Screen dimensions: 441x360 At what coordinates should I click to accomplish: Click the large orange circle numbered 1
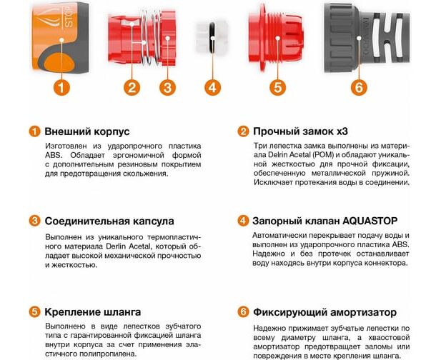[61, 87]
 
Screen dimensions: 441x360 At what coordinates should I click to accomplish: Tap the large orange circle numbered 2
[132, 87]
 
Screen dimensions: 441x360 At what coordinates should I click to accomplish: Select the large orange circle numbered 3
[167, 87]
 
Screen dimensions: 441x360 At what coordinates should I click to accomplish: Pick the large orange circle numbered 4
[212, 87]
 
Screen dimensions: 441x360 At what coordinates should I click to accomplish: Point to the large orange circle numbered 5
[277, 87]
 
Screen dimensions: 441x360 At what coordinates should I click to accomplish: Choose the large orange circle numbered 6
[359, 87]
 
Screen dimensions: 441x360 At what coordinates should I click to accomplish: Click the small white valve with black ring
[212, 37]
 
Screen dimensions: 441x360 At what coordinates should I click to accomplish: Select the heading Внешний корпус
[87, 131]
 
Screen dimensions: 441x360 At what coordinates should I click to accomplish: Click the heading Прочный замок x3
[300, 131]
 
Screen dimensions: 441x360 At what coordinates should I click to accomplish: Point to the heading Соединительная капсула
[109, 221]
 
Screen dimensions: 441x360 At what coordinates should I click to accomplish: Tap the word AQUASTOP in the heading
[370, 221]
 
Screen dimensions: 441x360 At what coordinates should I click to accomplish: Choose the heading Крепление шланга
[92, 312]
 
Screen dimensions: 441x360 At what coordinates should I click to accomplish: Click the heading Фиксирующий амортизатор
[324, 312]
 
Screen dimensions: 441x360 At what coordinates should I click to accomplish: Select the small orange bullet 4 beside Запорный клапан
[243, 221]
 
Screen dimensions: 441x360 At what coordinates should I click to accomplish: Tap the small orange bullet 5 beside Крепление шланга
[34, 312]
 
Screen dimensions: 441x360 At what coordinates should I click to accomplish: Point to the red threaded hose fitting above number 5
[276, 37]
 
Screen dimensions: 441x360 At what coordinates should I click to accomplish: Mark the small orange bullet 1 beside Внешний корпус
[34, 131]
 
